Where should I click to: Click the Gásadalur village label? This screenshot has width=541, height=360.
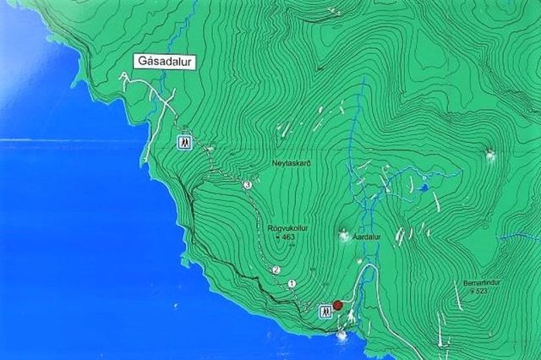pos(164,62)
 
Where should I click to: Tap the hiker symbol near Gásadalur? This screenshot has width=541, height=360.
pos(182,142)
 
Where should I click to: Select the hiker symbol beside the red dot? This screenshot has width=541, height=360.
pos(324,312)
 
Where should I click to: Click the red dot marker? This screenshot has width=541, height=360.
pos(337,305)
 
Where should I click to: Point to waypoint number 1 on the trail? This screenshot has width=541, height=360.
pos(292,284)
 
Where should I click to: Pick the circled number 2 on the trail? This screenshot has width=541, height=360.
pos(276,270)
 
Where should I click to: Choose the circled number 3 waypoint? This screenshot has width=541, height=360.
pos(247,184)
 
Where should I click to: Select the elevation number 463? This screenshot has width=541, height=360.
pos(287,237)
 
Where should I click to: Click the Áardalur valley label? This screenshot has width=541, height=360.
pos(367,238)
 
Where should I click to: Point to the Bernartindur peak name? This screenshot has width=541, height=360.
pos(483,282)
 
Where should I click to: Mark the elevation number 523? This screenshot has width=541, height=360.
pos(483,292)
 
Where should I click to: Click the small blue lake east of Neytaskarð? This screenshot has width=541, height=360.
pos(424,188)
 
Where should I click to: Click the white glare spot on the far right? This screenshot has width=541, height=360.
pos(490,154)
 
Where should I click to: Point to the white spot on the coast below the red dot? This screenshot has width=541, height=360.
pos(342,336)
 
